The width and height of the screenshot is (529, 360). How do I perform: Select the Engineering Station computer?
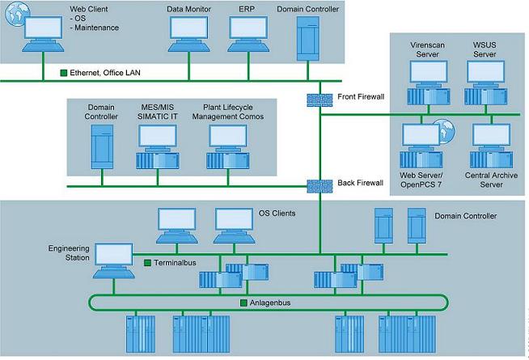pyautogui.click(x=111, y=258)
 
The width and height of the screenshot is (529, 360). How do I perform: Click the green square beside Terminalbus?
pyautogui.click(x=148, y=263)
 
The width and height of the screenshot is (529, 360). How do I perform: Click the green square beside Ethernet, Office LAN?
pyautogui.click(x=64, y=74)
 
